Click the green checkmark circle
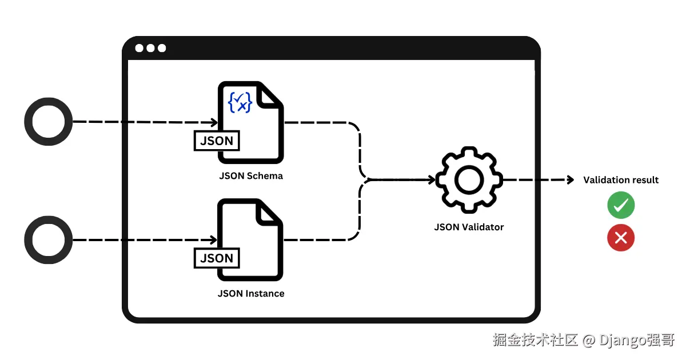[x=621, y=205]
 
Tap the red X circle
[x=621, y=238]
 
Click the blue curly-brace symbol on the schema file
[x=240, y=102]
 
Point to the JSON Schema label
[x=251, y=176]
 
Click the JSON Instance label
[x=251, y=294]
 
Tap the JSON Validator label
[x=469, y=227]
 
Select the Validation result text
[x=621, y=180]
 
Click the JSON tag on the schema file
[x=217, y=141]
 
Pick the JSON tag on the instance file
[x=217, y=258]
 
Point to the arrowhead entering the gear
[x=432, y=179]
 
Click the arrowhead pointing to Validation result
[x=571, y=179]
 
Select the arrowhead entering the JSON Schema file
[x=214, y=122]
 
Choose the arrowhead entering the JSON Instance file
[x=213, y=239]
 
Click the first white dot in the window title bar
[x=139, y=48]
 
